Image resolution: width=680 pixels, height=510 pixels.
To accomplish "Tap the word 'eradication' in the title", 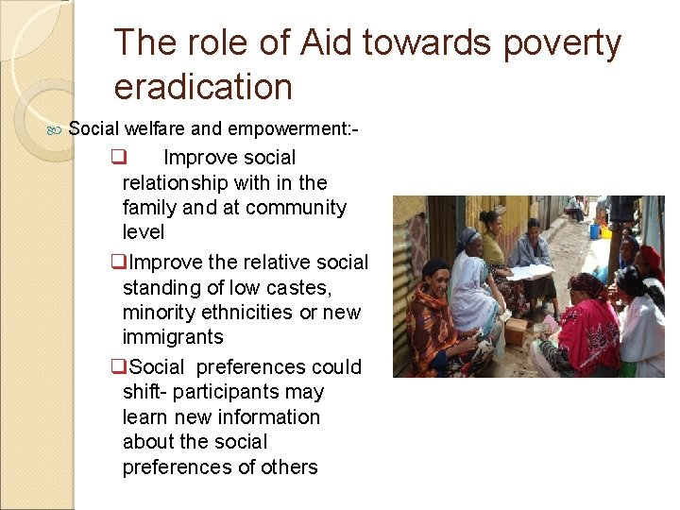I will pos(203,87).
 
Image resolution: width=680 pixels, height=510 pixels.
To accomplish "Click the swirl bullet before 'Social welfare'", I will pos(56,128).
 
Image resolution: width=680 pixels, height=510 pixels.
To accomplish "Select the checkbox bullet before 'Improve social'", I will pos(118,158).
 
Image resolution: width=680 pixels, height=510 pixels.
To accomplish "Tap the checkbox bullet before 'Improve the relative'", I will pos(118,263).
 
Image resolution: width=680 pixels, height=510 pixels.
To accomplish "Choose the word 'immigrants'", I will pos(173,337).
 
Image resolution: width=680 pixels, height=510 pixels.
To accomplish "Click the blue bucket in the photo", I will pos(596,230).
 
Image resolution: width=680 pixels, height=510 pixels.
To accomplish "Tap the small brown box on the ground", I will pos(516,331).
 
